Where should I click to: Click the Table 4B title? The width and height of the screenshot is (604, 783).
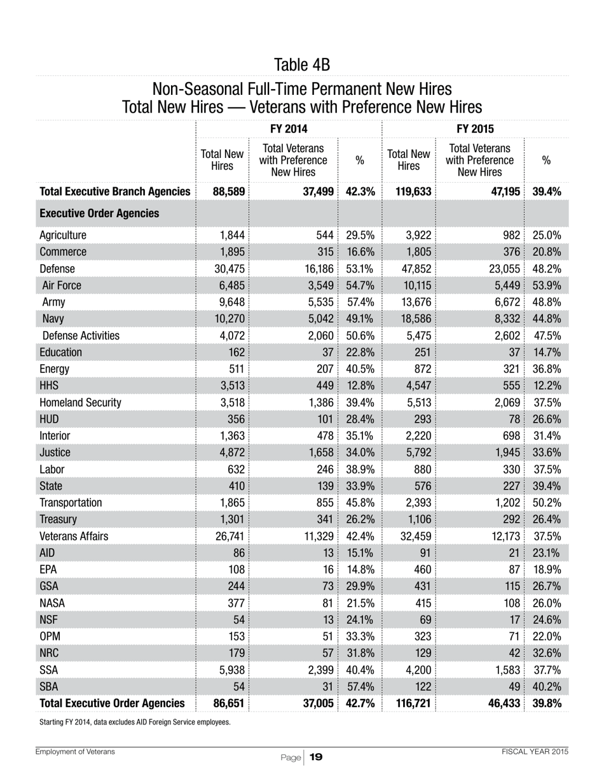pyautogui.click(x=302, y=65)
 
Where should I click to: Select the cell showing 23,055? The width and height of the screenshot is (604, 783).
pyautogui.click(x=502, y=269)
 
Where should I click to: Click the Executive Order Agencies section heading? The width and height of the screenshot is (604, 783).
pyautogui.click(x=99, y=213)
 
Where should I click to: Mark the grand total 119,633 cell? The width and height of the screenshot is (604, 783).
pyautogui.click(x=409, y=191)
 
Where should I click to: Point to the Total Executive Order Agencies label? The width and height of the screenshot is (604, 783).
pyautogui.click(x=112, y=703)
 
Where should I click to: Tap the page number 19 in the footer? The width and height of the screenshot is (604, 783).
pyautogui.click(x=316, y=757)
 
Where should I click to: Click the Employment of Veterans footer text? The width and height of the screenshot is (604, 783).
pyautogui.click(x=75, y=752)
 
